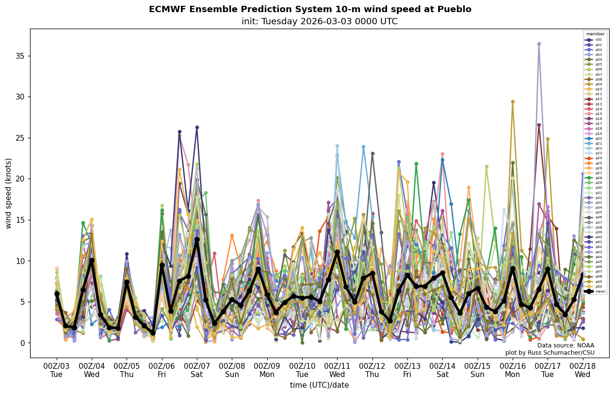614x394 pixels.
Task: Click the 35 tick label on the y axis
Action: click(x=20, y=56)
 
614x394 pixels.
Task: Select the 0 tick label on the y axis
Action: click(x=22, y=343)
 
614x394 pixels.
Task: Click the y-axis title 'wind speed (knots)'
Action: click(x=9, y=193)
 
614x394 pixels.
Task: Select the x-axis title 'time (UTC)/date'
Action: click(x=319, y=385)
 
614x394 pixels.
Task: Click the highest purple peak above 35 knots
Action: click(x=539, y=44)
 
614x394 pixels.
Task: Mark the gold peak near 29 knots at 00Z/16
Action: click(x=513, y=102)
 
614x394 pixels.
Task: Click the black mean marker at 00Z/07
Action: click(x=197, y=239)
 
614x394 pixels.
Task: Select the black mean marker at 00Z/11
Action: click(x=337, y=252)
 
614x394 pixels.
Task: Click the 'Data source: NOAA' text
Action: click(x=566, y=345)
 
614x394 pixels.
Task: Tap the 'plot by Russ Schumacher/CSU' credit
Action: click(x=549, y=353)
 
